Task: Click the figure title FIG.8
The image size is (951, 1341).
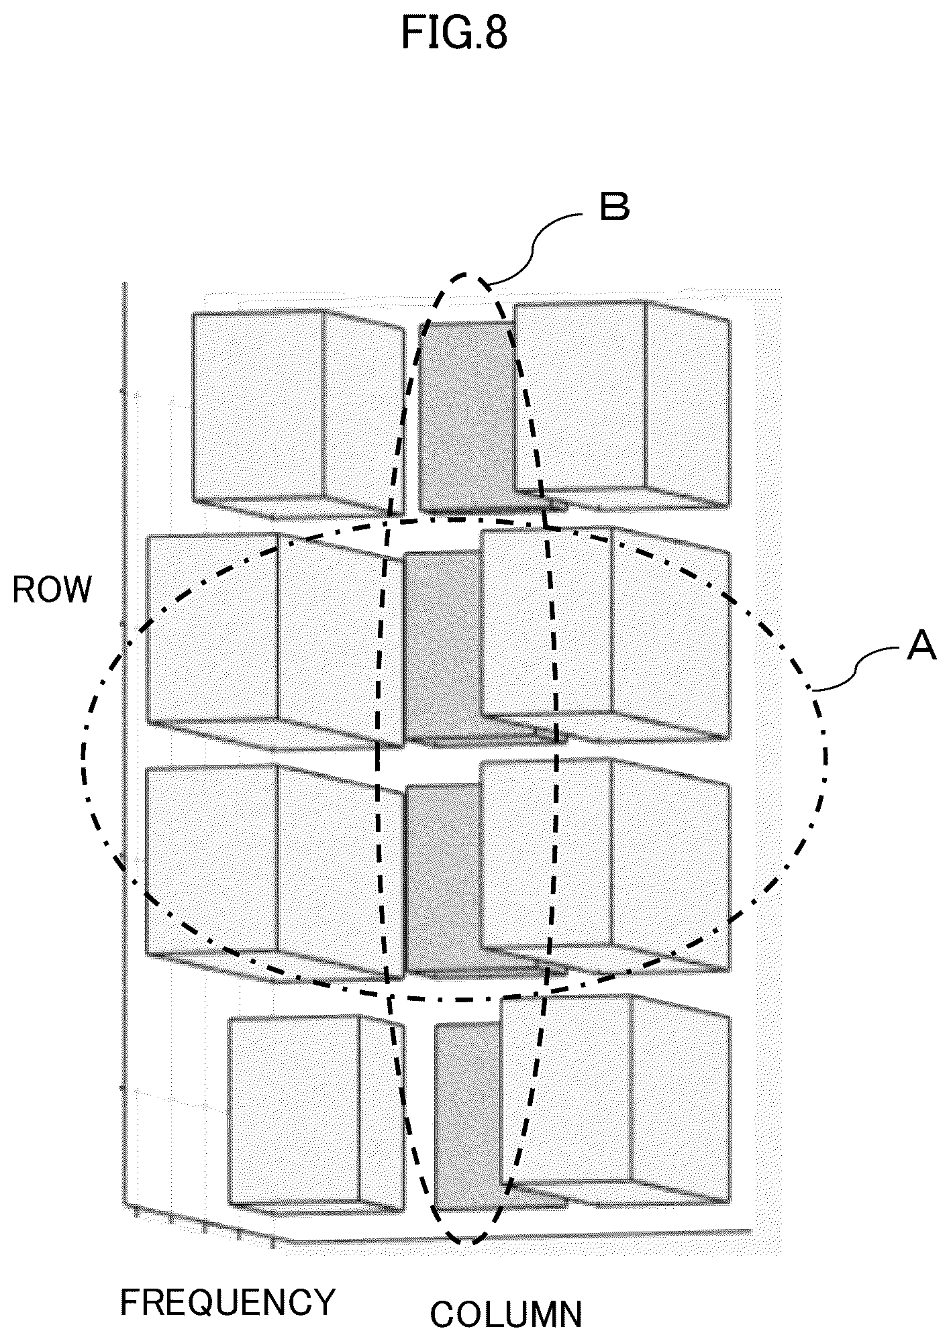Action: [x=454, y=34]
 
